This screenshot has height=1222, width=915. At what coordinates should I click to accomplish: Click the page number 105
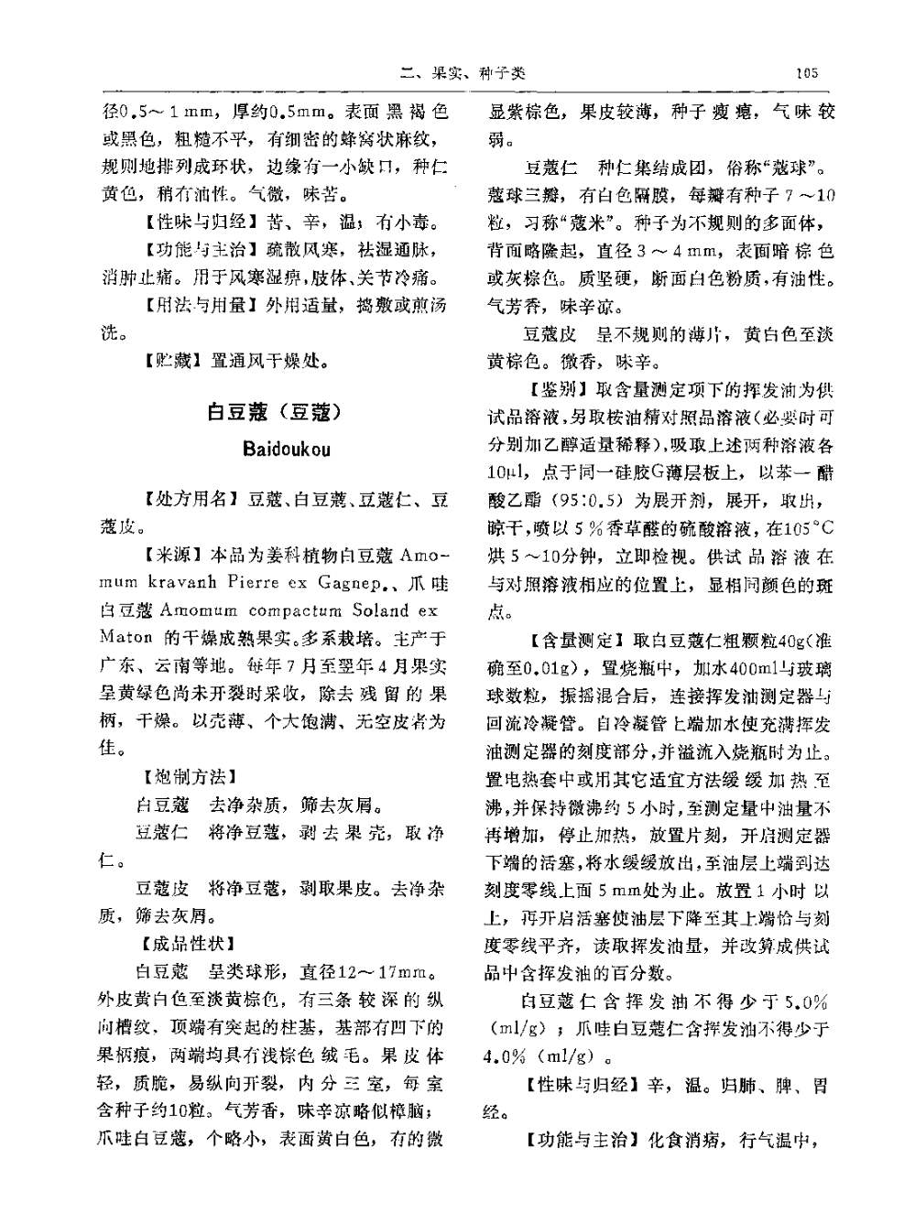coord(807,72)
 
